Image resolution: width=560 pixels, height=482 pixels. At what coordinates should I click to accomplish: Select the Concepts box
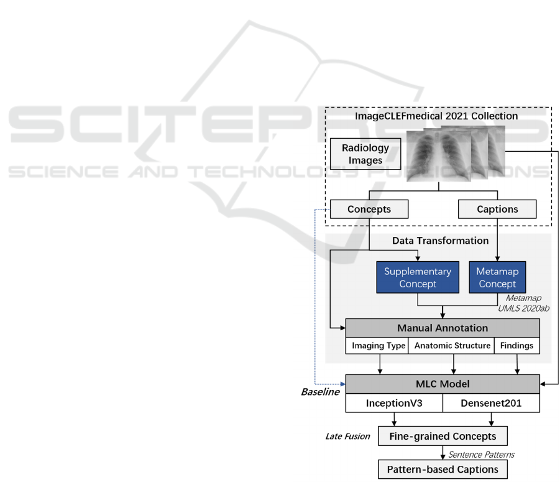[x=369, y=210]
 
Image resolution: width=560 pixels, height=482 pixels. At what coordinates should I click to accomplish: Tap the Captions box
[x=497, y=210]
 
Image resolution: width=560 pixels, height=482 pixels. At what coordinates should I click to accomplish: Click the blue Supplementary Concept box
[x=418, y=277]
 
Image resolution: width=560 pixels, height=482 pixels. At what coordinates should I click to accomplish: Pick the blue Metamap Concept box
[x=497, y=277]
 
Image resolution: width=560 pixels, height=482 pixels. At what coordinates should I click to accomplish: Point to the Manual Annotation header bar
[x=443, y=328]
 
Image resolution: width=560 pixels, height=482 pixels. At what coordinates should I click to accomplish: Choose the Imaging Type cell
[x=379, y=346]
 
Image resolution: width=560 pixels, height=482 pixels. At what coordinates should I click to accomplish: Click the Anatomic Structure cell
[x=452, y=346]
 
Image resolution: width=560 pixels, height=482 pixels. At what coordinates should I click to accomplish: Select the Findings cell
[x=517, y=346]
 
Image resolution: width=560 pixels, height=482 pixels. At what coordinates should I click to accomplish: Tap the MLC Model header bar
[x=443, y=384]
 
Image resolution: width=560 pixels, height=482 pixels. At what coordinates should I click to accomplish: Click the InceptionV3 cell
[x=394, y=403]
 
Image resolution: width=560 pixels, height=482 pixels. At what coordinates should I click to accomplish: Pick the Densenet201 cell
[x=491, y=403]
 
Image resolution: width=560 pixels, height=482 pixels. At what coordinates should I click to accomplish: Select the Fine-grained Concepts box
[x=443, y=436]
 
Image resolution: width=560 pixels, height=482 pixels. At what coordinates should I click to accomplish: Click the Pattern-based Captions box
[x=443, y=468]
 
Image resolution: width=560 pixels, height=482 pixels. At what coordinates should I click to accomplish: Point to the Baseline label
[x=320, y=392]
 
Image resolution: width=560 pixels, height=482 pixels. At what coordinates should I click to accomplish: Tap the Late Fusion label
[x=347, y=436]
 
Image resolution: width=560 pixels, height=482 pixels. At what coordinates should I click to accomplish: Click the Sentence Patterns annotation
[x=482, y=455]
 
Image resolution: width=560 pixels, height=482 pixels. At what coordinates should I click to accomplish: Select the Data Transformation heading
[x=440, y=241]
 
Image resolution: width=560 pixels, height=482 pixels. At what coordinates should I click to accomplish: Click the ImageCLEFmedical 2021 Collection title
[x=436, y=116]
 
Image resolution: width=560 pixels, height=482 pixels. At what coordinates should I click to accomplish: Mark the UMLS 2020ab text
[x=524, y=308]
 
